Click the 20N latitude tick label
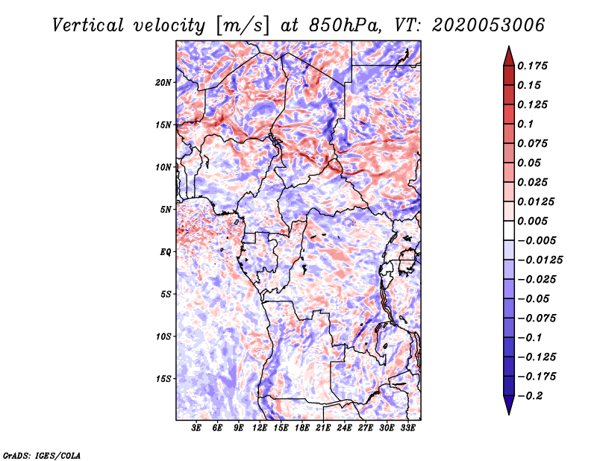coord(163,83)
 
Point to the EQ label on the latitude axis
coord(166,252)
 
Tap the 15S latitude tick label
coord(163,379)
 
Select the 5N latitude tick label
coord(166,210)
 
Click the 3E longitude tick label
coord(196,428)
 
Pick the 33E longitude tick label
coord(407,428)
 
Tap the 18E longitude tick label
coord(301,428)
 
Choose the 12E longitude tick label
coord(260,428)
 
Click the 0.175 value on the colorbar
coord(534,66)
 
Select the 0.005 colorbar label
coord(534,222)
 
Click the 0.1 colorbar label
coord(526,124)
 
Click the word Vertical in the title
coord(88,25)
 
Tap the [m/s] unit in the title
coord(241,25)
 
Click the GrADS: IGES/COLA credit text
coord(41,454)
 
